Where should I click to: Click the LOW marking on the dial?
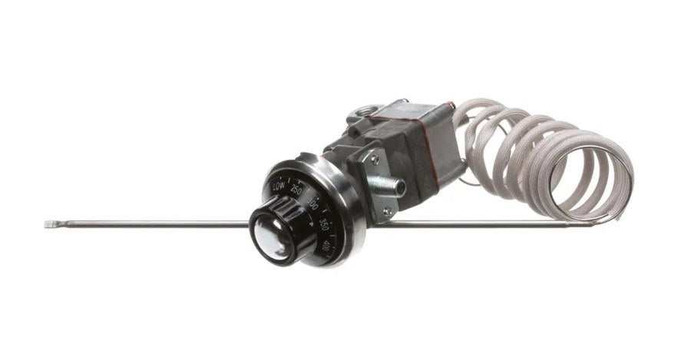[x=278, y=186]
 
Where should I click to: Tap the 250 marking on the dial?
[x=296, y=191]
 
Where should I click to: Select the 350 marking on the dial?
[x=324, y=224]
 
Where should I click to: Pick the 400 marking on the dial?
[x=327, y=247]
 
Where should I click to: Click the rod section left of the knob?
[x=154, y=224]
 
